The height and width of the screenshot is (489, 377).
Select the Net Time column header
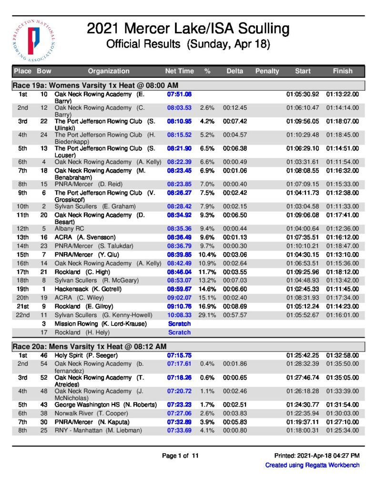[x=179, y=71]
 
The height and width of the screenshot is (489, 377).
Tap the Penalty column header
[x=267, y=71]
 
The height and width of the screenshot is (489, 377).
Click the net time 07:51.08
[x=179, y=95]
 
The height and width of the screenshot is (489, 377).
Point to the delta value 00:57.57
[x=234, y=315]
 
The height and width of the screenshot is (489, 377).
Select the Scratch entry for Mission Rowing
[x=179, y=324]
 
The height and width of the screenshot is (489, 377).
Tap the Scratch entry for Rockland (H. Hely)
[x=179, y=332]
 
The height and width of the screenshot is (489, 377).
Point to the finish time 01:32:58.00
[x=342, y=355]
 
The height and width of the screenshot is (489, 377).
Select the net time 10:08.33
[x=179, y=315]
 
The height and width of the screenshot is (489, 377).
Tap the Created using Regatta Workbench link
[x=312, y=465]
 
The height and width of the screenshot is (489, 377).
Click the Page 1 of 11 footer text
[x=180, y=456]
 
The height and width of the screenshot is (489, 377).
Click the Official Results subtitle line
[x=188, y=45]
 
